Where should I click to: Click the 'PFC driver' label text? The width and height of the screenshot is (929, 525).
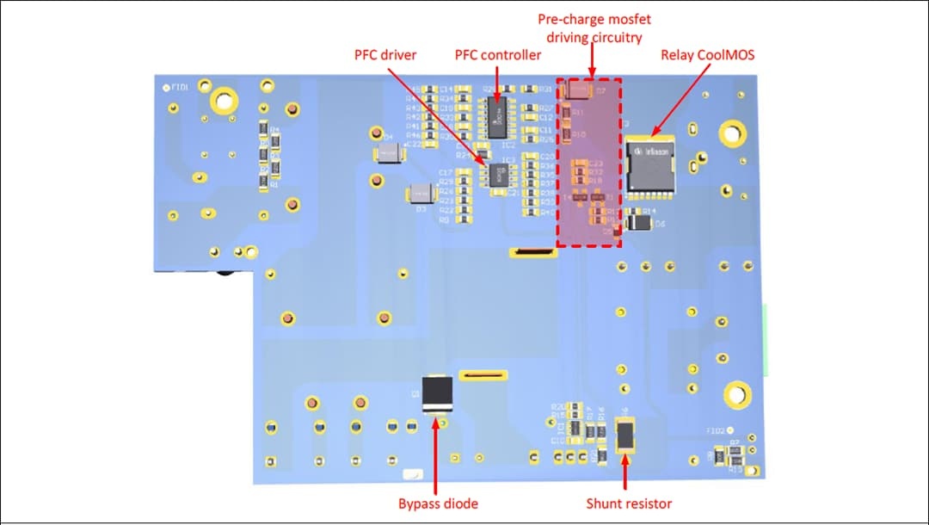coord(385,55)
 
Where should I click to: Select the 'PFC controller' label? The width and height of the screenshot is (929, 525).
coord(498,55)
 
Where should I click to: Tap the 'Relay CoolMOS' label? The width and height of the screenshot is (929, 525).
coord(708,55)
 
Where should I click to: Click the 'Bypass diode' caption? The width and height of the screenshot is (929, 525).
coord(438,503)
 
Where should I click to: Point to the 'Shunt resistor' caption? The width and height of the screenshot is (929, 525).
coord(629,503)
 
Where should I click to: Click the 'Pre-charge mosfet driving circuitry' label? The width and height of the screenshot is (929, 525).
coord(594,28)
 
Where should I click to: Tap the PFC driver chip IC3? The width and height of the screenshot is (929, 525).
coord(497,174)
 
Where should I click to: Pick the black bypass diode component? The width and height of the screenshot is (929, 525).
coord(438,394)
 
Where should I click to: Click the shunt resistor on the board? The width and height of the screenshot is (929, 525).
coord(626,434)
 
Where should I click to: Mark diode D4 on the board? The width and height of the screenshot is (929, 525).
coord(389,154)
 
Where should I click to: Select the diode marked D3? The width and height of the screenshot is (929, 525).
coord(421,193)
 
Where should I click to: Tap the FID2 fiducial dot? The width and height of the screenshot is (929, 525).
coord(729,429)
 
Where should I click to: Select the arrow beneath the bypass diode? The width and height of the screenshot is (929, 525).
coord(438,456)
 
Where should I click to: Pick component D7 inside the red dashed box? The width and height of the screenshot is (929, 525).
coord(581,89)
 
